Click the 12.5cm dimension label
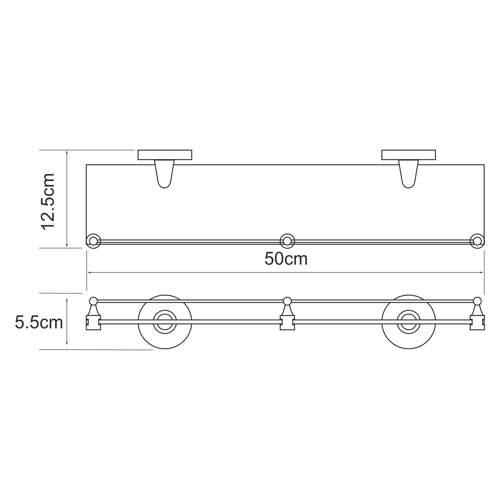pyautogui.click(x=48, y=202)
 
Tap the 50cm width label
pyautogui.click(x=286, y=259)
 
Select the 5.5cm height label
pyautogui.click(x=39, y=322)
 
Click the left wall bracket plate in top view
pyautogui.click(x=165, y=155)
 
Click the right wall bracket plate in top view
pyautogui.click(x=408, y=155)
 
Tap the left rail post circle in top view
pyautogui.click(x=93, y=241)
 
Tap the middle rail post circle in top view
pyautogui.click(x=287, y=241)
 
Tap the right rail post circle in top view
pyautogui.click(x=477, y=241)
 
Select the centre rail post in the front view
pyautogui.click(x=287, y=315)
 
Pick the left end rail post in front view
pyautogui.click(x=93, y=315)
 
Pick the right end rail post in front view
pyautogui.click(x=477, y=315)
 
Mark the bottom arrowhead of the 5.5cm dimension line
pyautogui.click(x=67, y=343)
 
